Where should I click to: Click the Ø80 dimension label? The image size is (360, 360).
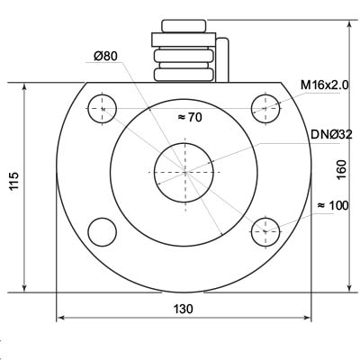[x=105, y=56]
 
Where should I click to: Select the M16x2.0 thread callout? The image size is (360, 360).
[x=325, y=85]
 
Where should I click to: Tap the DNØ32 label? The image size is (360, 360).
[x=331, y=135]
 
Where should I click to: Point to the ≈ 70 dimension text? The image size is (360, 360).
[x=190, y=117]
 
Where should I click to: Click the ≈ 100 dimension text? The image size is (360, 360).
[x=333, y=205]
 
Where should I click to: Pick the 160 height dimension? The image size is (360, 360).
[x=341, y=170]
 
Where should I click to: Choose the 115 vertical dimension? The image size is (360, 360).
[x=14, y=181]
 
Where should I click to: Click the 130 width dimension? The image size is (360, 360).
[x=184, y=309]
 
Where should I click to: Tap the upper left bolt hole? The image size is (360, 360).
[x=102, y=109]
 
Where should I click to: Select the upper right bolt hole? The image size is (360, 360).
[x=265, y=109]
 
